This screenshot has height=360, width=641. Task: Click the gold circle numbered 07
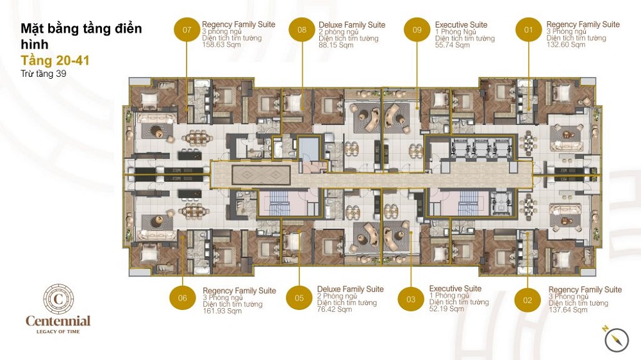click(x=187, y=29)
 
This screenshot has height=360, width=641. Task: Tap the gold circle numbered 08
click(x=302, y=29)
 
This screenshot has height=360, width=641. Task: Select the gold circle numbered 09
click(x=417, y=29)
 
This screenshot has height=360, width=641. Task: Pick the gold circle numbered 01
click(x=529, y=29)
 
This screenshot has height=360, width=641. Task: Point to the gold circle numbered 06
click(x=182, y=298)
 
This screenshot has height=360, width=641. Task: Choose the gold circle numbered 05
click(x=299, y=298)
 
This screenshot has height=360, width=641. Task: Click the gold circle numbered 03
click(x=411, y=299)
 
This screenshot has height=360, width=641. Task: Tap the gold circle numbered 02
click(x=528, y=300)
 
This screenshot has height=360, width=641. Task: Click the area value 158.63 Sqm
click(x=222, y=45)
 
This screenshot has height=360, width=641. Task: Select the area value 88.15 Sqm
click(x=336, y=45)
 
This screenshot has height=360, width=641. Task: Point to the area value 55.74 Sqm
click(x=453, y=45)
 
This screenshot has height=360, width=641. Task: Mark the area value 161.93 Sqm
click(x=222, y=311)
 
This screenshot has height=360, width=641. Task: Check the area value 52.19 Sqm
click(x=446, y=309)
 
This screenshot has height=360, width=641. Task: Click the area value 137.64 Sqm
click(x=568, y=310)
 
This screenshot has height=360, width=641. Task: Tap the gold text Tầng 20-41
click(x=55, y=60)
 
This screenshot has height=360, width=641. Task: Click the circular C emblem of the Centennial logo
click(x=58, y=299)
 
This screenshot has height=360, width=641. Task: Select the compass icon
click(x=617, y=340)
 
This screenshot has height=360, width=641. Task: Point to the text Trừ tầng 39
click(x=44, y=74)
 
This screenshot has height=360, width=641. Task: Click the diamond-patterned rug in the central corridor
click(x=262, y=175)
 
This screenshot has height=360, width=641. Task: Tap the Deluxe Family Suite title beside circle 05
click(x=351, y=290)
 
